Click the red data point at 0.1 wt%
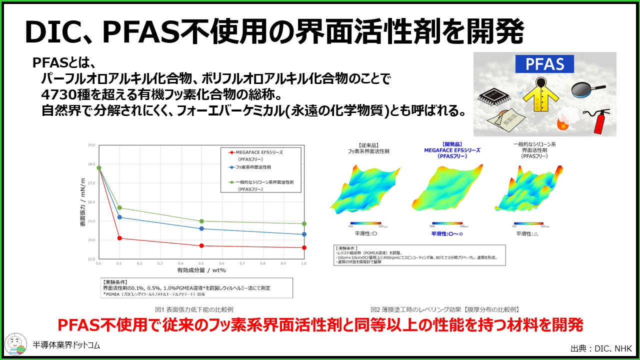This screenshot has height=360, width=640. (x=119, y=238)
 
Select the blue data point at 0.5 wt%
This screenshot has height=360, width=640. (x=201, y=228)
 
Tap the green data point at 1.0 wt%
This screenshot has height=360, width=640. (x=304, y=223)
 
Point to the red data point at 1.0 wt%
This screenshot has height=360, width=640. (x=304, y=247)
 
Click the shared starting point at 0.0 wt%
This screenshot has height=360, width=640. (x=99, y=168)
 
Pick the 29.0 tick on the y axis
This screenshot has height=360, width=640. (x=91, y=145)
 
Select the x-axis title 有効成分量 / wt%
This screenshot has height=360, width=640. (x=201, y=270)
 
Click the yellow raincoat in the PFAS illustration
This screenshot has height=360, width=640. (x=540, y=95)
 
